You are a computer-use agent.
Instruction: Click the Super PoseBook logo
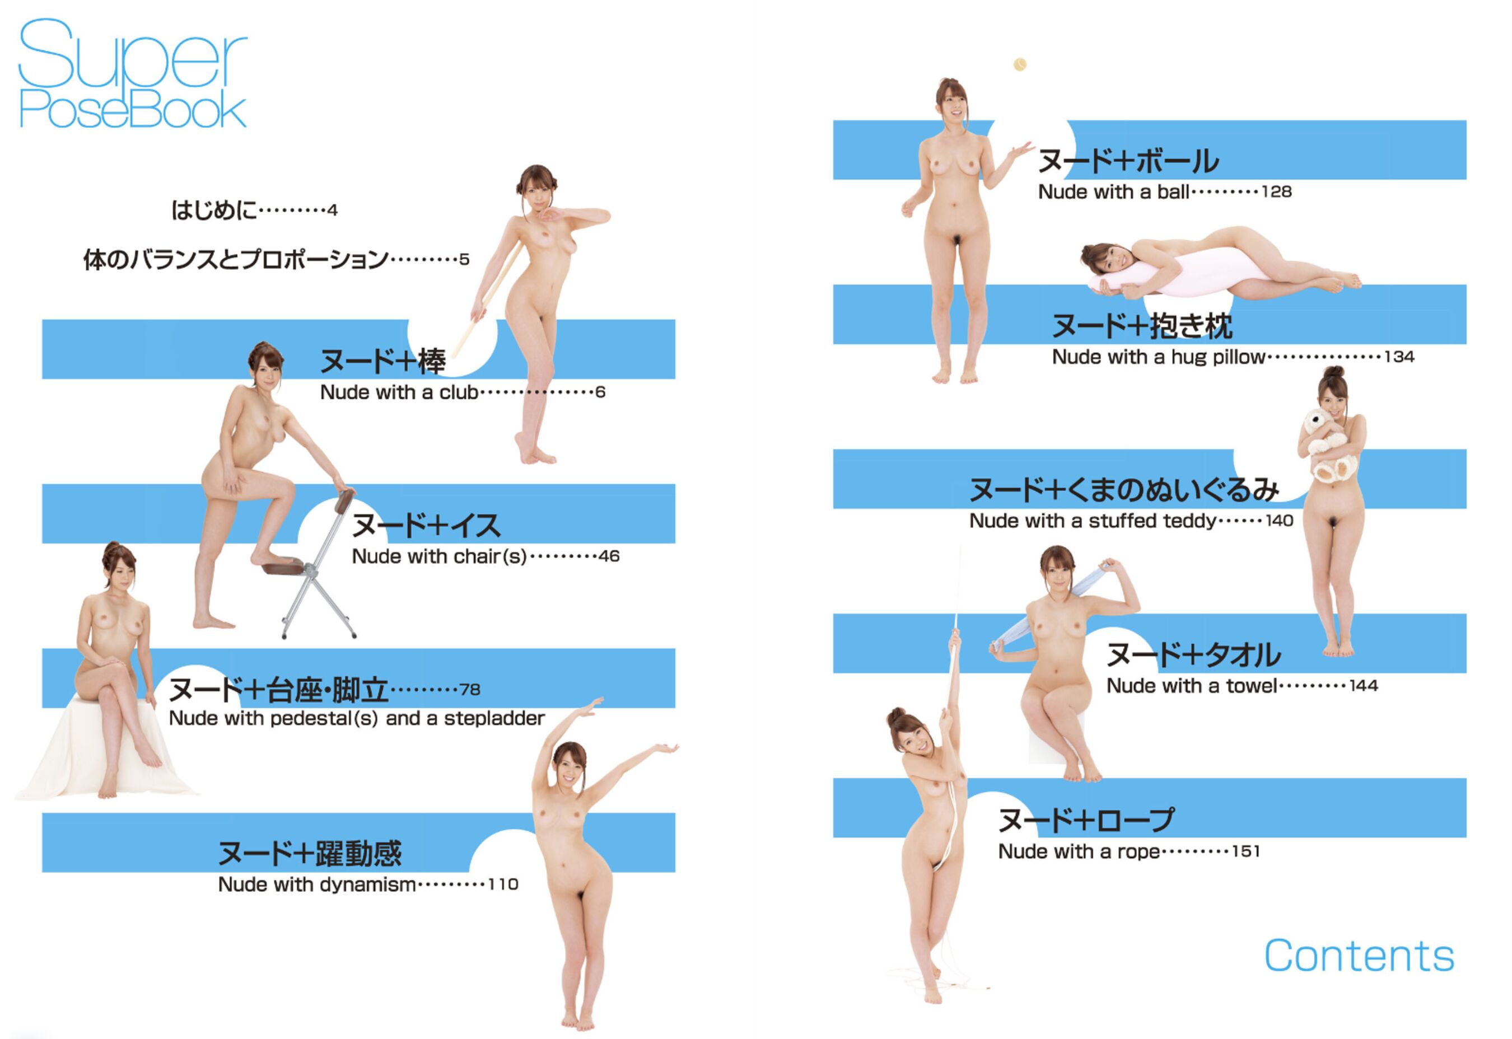(133, 73)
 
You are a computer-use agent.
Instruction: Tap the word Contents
(1359, 956)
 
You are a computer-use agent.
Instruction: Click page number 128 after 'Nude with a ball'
(1276, 191)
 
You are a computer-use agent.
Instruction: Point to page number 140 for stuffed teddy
(1279, 521)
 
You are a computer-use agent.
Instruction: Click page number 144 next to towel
(1364, 686)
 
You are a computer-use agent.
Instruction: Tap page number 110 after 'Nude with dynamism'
(503, 884)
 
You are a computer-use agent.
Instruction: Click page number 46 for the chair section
(609, 556)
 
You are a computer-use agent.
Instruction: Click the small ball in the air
(1020, 64)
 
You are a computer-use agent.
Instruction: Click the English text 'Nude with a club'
(399, 392)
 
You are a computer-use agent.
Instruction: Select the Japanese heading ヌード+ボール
(1128, 161)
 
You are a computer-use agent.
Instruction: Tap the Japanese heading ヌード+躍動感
(310, 853)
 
